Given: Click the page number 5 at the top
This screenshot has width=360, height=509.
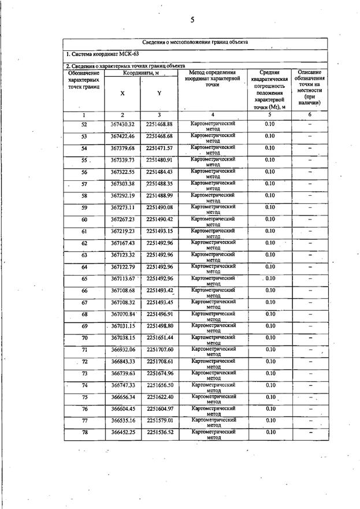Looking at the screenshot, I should (191, 20).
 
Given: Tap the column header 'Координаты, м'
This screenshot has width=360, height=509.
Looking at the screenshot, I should (142, 73).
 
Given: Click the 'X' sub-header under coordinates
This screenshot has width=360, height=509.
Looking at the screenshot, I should (122, 93).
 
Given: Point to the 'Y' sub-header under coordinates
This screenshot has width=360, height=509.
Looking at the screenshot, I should (159, 93).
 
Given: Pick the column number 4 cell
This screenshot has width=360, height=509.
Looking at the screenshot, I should (213, 116).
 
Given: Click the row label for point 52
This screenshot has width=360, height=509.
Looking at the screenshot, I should (84, 125).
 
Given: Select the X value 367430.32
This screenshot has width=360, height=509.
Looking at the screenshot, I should (122, 125).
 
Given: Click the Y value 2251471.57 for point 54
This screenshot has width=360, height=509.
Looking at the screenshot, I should (159, 148).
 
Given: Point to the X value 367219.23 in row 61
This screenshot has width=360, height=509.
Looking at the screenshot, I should (122, 231).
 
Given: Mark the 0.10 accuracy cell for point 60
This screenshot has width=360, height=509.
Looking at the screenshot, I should (269, 220).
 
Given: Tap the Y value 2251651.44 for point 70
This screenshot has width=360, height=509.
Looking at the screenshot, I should (159, 338).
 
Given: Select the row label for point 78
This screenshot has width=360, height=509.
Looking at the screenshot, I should (84, 433).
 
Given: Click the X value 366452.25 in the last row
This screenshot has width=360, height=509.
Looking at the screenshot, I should (122, 433).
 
